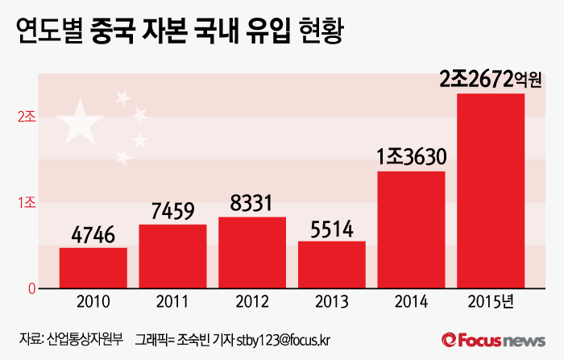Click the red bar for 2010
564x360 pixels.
(93, 267)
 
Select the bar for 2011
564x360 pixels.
(172, 256)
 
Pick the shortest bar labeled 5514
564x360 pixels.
(331, 264)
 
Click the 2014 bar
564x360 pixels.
(411, 230)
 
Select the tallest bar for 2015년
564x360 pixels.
(491, 191)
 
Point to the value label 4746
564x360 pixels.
(93, 236)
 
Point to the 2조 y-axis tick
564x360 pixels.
(26, 117)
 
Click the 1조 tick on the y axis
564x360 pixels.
(26, 202)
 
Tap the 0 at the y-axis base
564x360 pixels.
(31, 288)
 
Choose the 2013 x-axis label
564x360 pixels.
(331, 304)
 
